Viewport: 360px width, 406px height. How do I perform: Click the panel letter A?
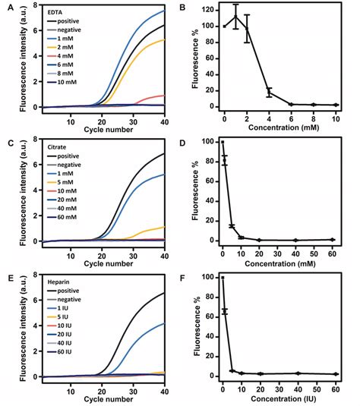click(7, 7)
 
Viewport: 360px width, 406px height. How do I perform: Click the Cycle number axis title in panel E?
click(103, 397)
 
